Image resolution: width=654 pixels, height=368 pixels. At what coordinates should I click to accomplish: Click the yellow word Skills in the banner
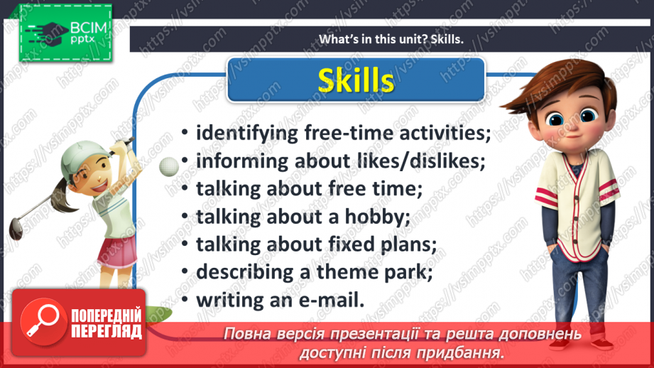[x=356, y=80]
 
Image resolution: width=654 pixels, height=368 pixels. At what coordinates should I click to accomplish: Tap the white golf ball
[x=169, y=166]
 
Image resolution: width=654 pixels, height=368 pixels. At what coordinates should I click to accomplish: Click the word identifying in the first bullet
[x=247, y=134]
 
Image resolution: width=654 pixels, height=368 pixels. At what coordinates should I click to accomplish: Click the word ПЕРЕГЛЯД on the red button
[x=107, y=332]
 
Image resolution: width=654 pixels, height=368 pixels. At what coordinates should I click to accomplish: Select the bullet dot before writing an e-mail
[x=185, y=301]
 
